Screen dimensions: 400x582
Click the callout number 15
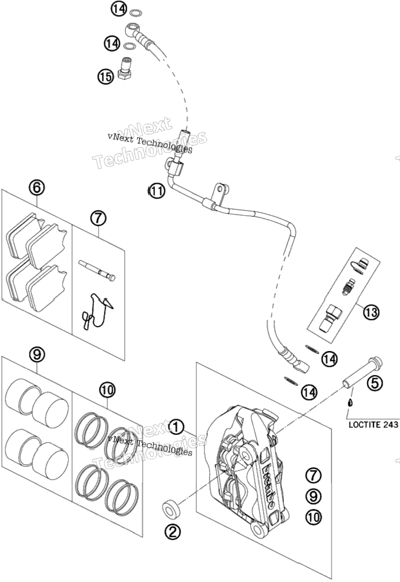click(106, 77)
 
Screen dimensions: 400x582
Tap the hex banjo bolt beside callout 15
click(125, 67)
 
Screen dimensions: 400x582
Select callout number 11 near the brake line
click(156, 191)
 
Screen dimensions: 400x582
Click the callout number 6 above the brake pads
click(37, 188)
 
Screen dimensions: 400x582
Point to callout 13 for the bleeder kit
click(371, 312)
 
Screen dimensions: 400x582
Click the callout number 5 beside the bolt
click(374, 383)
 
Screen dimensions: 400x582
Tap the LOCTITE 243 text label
click(373, 424)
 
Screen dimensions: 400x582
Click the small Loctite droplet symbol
click(349, 404)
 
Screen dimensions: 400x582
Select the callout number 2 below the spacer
click(172, 533)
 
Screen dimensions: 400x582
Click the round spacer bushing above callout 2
click(171, 508)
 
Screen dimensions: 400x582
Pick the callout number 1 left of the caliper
click(176, 427)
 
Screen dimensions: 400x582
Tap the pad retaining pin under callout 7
click(97, 270)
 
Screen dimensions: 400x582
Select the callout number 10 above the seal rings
click(107, 390)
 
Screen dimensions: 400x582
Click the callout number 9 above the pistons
click(37, 355)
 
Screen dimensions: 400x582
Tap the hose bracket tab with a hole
click(220, 192)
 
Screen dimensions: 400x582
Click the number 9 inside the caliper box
click(313, 496)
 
